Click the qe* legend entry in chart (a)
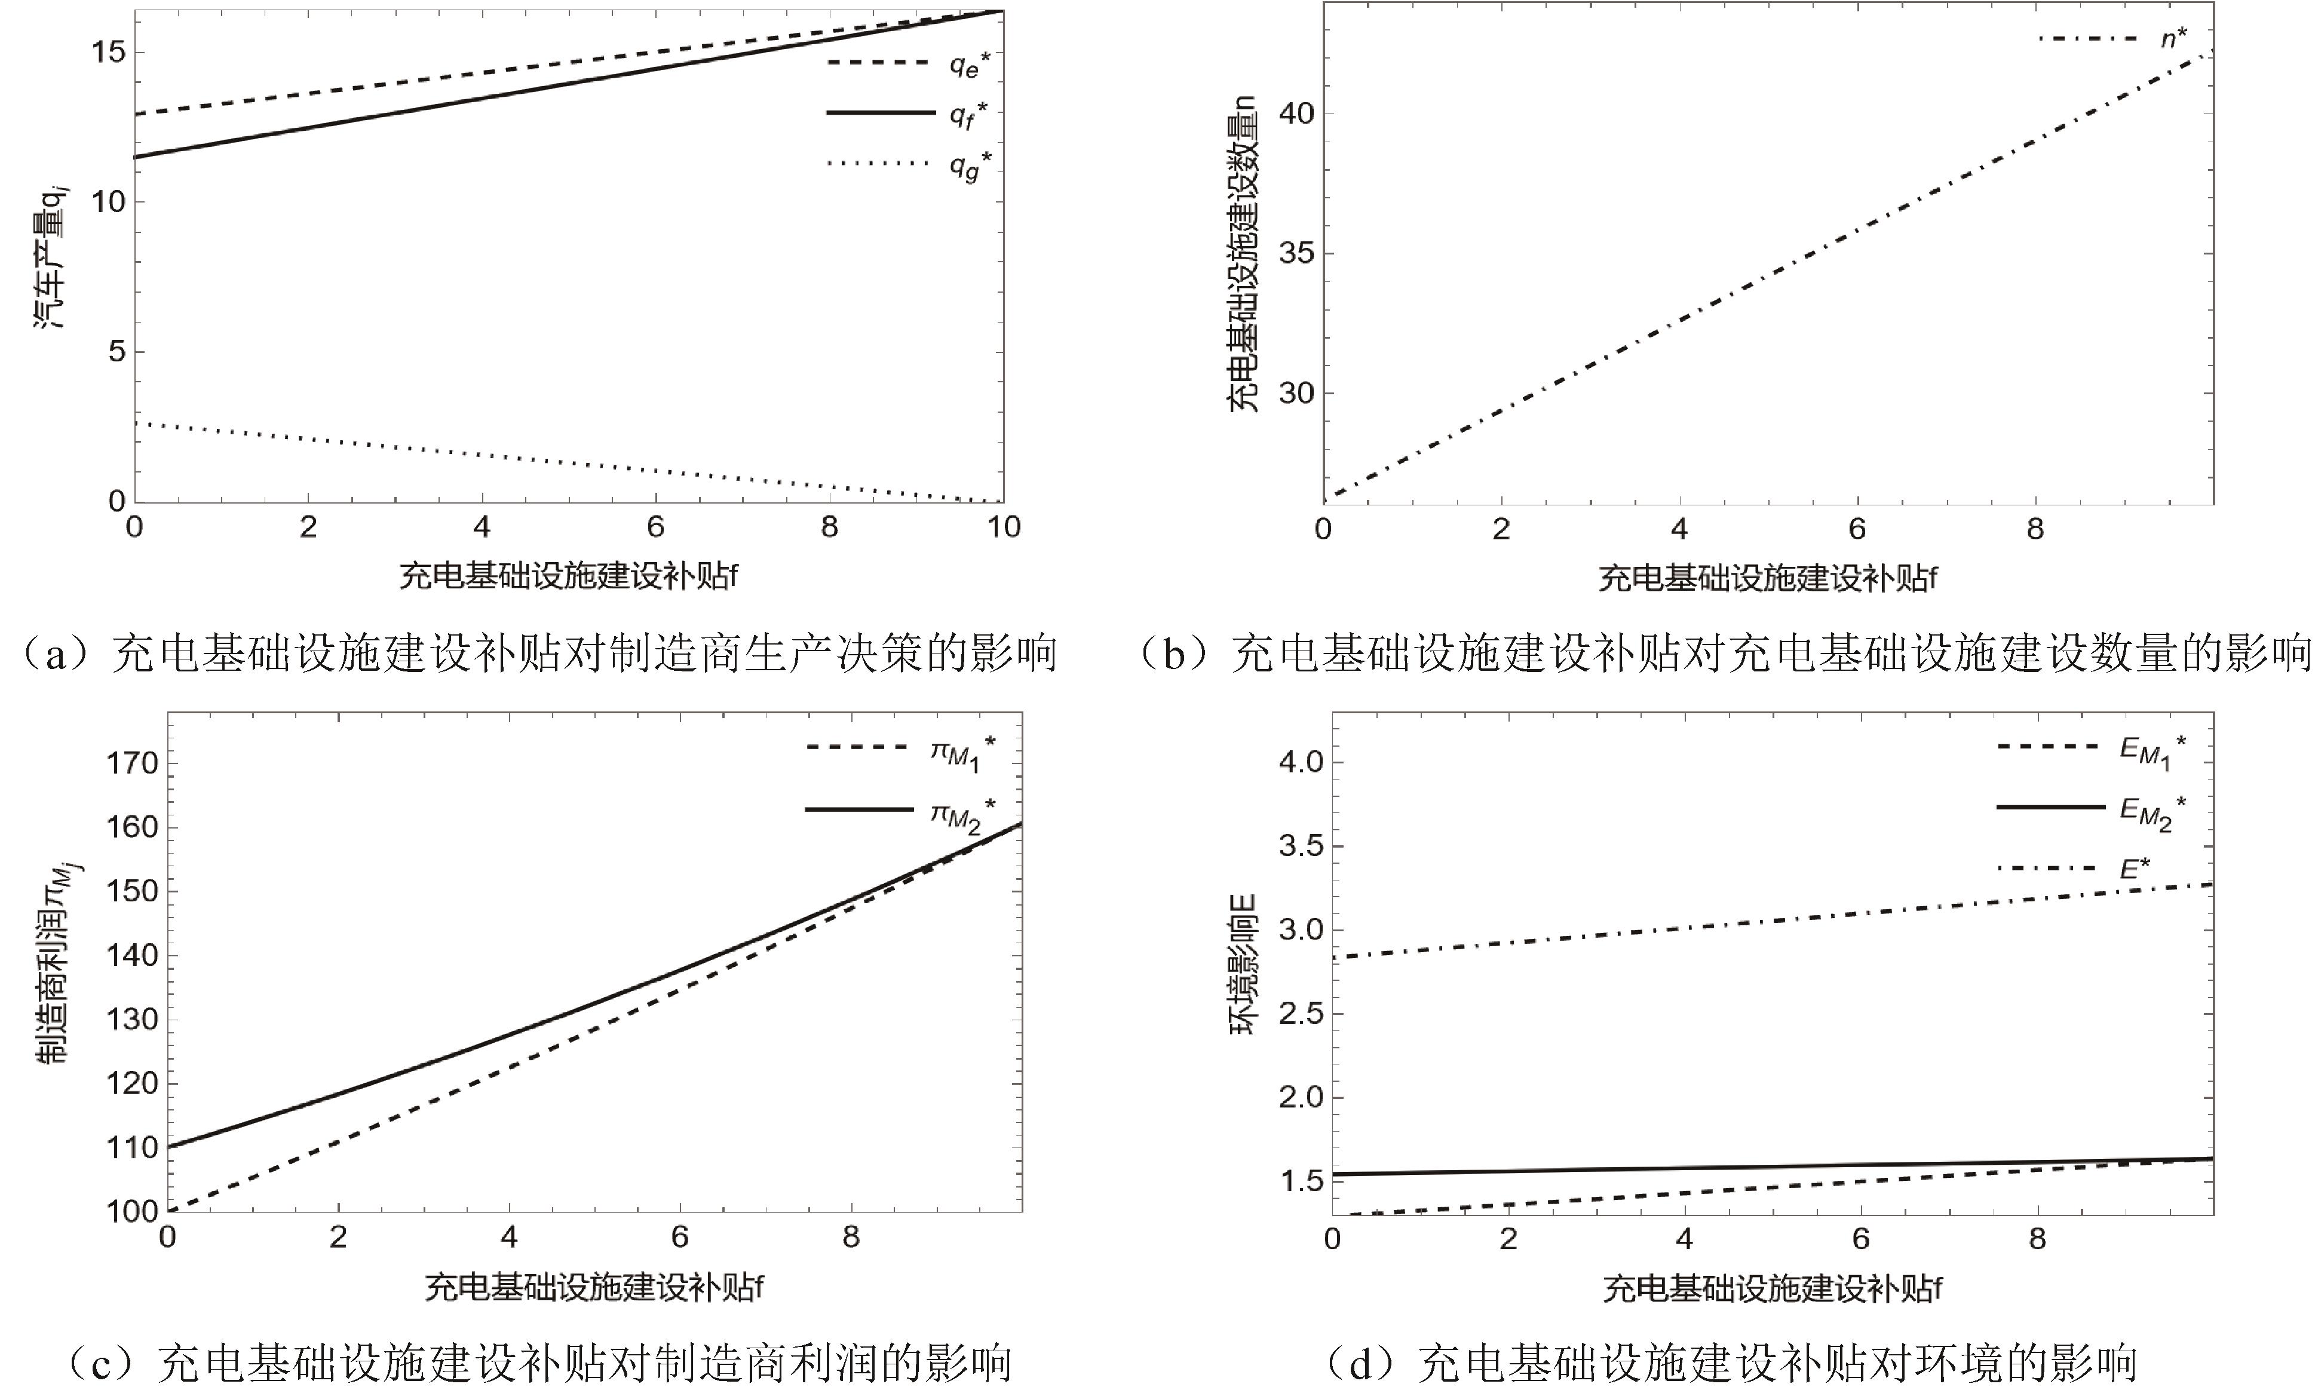pos(909,64)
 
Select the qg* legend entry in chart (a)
pos(909,165)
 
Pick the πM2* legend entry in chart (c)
pos(899,811)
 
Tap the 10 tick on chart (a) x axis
pos(1002,527)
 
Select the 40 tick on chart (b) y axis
pos(1295,113)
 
